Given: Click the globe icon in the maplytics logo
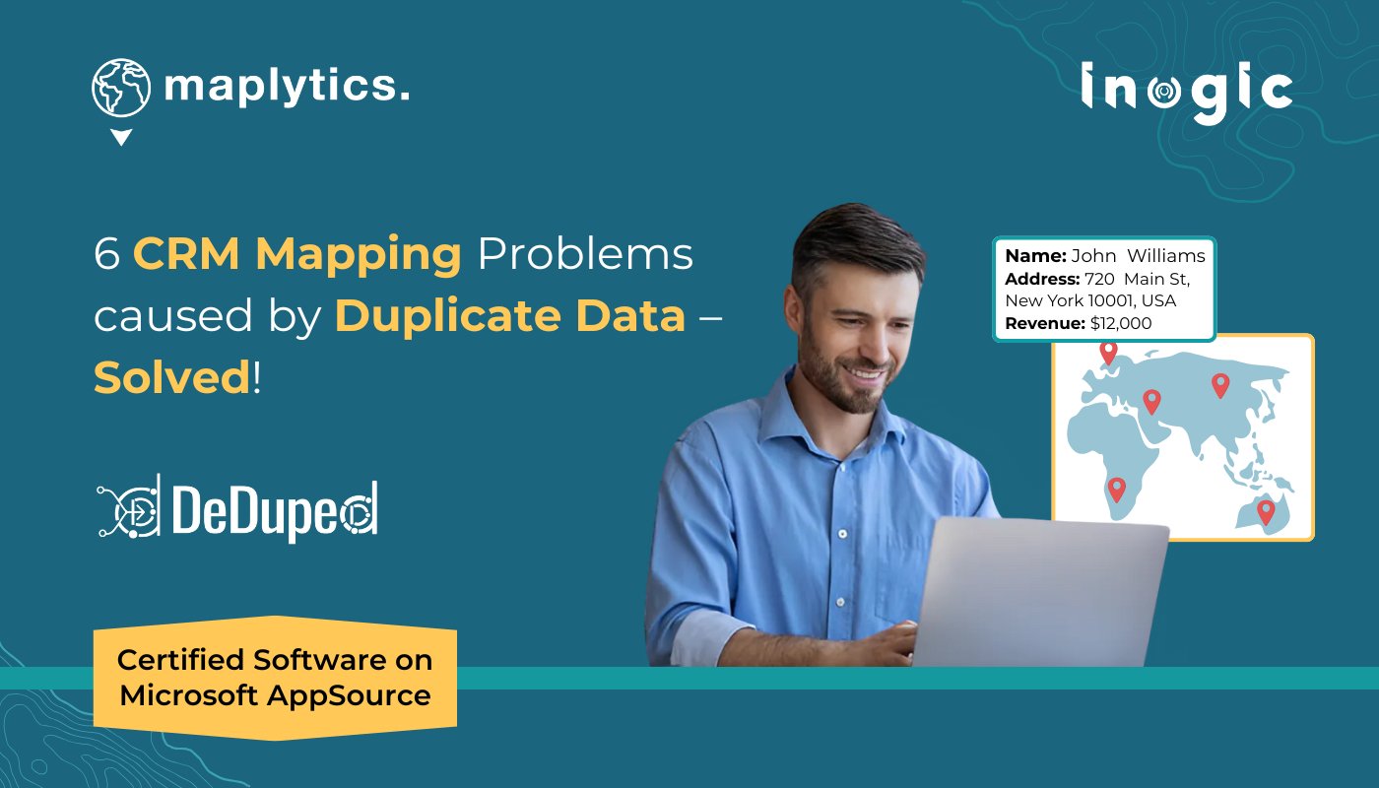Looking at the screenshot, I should point(121,87).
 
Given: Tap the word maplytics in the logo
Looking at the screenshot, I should point(286,87).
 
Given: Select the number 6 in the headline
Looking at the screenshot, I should point(105,255).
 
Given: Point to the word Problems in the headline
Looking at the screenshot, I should point(585,255).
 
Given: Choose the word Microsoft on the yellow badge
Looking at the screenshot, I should point(187,695).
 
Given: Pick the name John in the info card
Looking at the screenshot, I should point(1094,256).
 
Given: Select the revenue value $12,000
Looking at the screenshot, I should point(1121,323).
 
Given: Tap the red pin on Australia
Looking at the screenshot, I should point(1266,510).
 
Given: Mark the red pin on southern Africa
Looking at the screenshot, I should point(1116,488).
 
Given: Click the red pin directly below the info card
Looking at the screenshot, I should point(1108,351).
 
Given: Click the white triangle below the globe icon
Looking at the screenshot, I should point(121,138).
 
